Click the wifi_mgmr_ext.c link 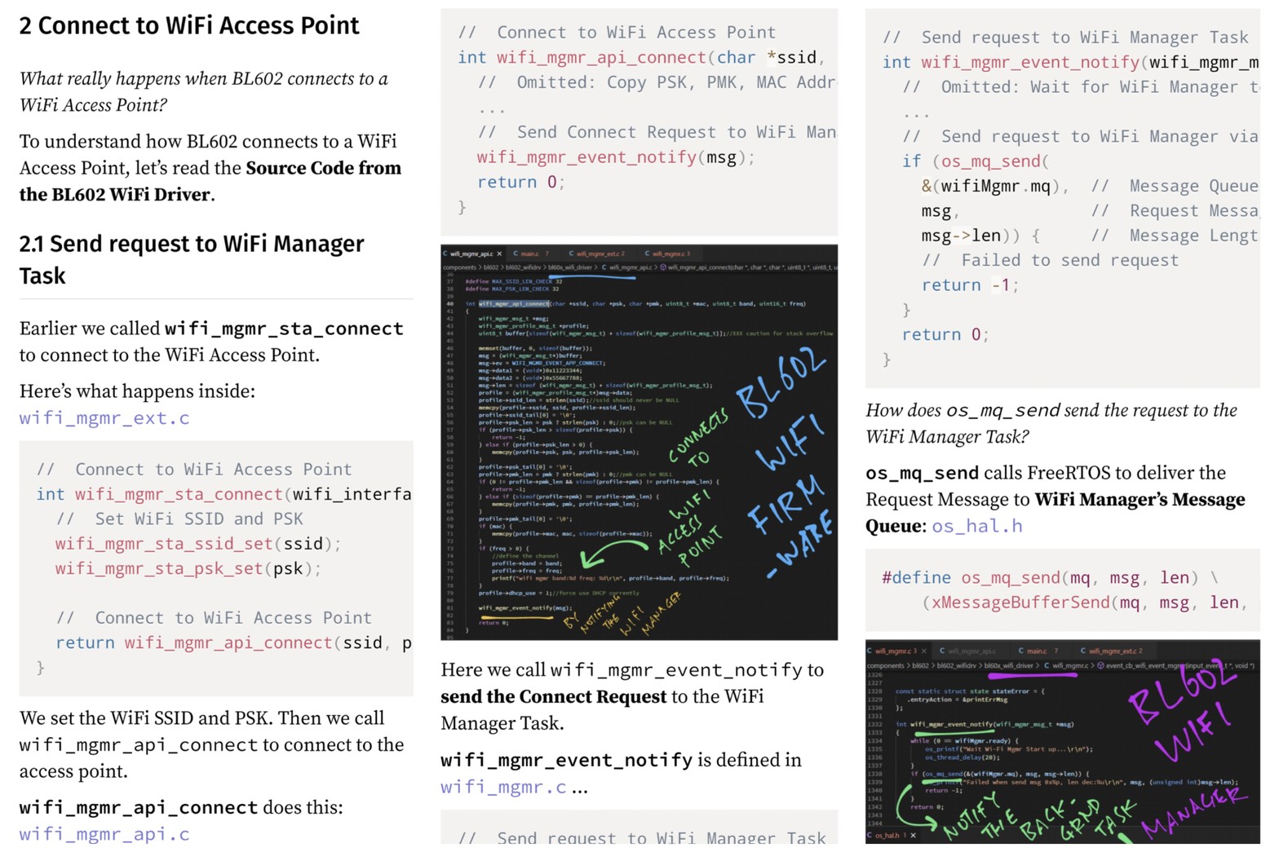[x=104, y=418]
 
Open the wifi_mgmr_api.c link [x=104, y=834]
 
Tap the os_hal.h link [x=977, y=526]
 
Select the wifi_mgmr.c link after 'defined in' [x=503, y=787]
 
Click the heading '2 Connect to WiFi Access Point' [x=189, y=26]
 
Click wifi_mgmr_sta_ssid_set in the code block [x=163, y=544]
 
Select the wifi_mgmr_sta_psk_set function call [x=158, y=568]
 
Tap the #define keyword [x=916, y=578]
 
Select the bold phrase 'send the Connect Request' [x=553, y=697]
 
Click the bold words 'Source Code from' [x=323, y=168]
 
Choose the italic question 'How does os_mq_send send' [x=1051, y=410]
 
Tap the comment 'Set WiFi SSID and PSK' [x=198, y=519]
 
